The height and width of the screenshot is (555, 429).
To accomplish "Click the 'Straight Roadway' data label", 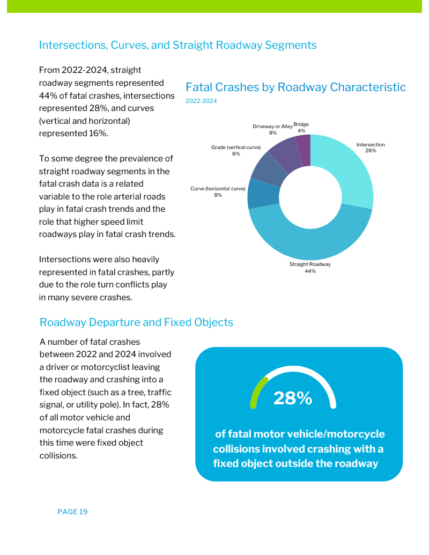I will tap(310, 264).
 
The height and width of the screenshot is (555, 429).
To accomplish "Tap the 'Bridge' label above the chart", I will tap(301, 124).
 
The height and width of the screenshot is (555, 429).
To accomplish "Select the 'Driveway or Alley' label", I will tap(272, 127).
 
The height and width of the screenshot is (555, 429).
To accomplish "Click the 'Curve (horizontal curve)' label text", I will tap(218, 189).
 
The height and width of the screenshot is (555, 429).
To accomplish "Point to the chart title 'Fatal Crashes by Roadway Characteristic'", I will tap(295, 87).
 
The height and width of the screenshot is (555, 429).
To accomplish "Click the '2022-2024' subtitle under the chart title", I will tap(201, 101).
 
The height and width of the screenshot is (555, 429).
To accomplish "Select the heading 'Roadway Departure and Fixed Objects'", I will tap(136, 322).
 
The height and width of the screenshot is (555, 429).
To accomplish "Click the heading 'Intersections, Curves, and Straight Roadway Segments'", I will tap(177, 45).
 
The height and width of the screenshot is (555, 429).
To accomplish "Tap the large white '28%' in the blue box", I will tap(293, 398).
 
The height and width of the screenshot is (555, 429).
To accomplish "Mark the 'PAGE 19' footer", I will tap(72, 512).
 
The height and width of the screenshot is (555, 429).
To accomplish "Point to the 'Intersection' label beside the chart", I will tap(371, 145).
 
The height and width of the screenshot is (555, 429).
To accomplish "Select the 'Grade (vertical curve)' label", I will tap(236, 147).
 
